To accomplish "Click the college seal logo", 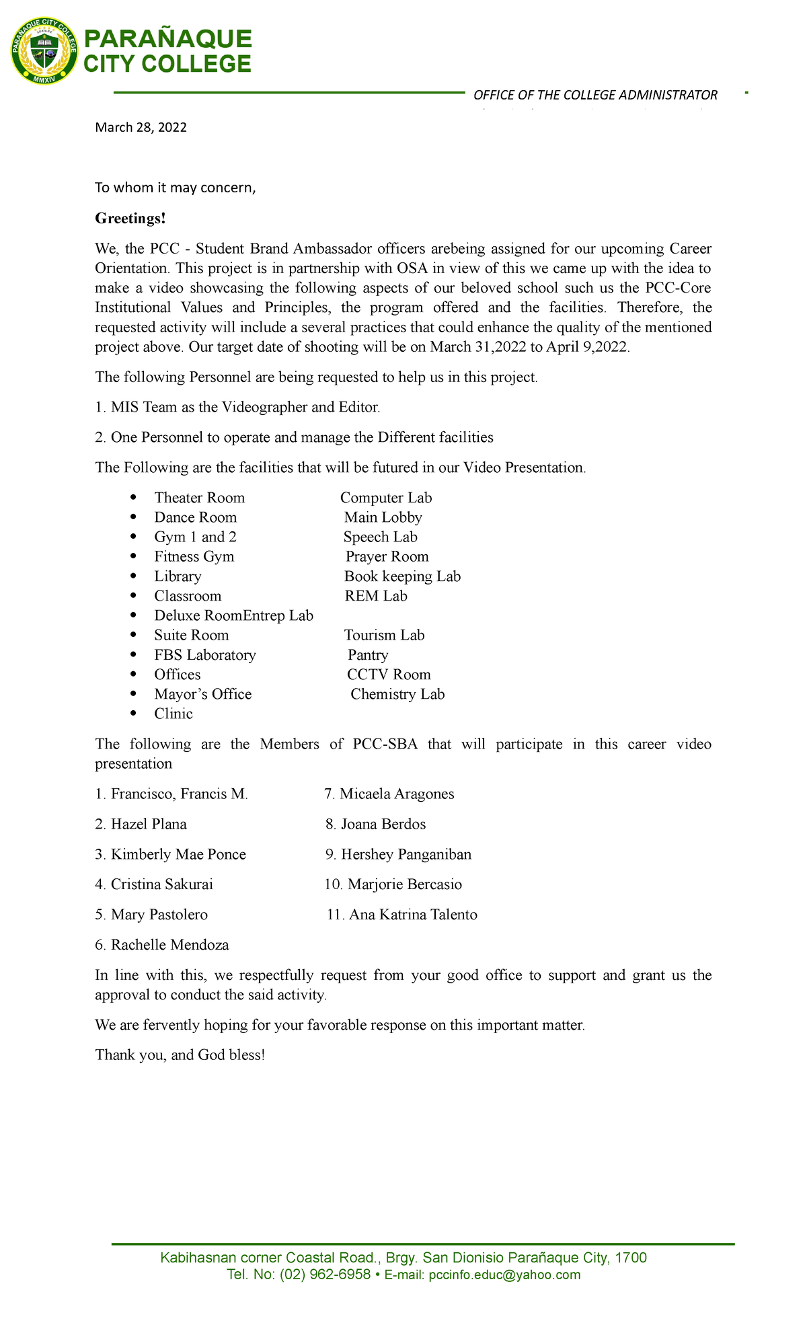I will click(x=44, y=51).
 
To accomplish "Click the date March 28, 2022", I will click(x=141, y=128).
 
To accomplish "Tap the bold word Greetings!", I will click(x=130, y=219).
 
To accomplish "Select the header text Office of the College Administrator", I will click(x=595, y=95).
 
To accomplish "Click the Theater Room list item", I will click(x=199, y=498).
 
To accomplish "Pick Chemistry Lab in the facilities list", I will click(x=397, y=694).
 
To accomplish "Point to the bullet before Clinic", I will click(x=134, y=714).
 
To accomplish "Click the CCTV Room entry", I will click(x=389, y=675).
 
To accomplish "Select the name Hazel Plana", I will click(x=149, y=824).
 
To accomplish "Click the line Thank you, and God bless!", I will click(x=180, y=1055).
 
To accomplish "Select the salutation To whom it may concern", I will click(x=176, y=188).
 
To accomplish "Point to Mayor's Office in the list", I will click(x=202, y=694).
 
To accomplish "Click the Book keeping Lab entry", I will click(x=402, y=576).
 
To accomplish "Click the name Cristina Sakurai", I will click(x=161, y=884).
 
